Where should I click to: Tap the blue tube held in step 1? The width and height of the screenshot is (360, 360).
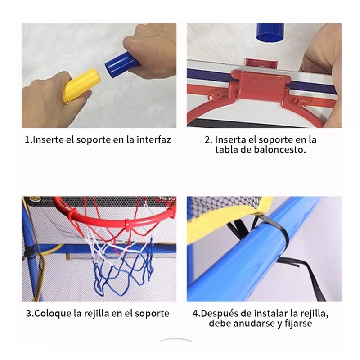tap(118, 63)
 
